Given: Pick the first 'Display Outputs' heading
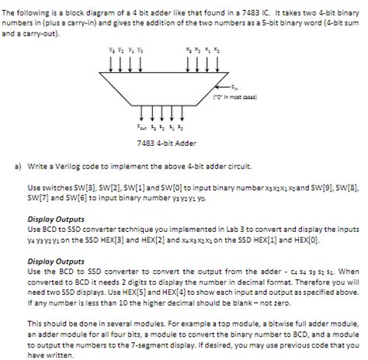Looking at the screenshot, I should point(53,218).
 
